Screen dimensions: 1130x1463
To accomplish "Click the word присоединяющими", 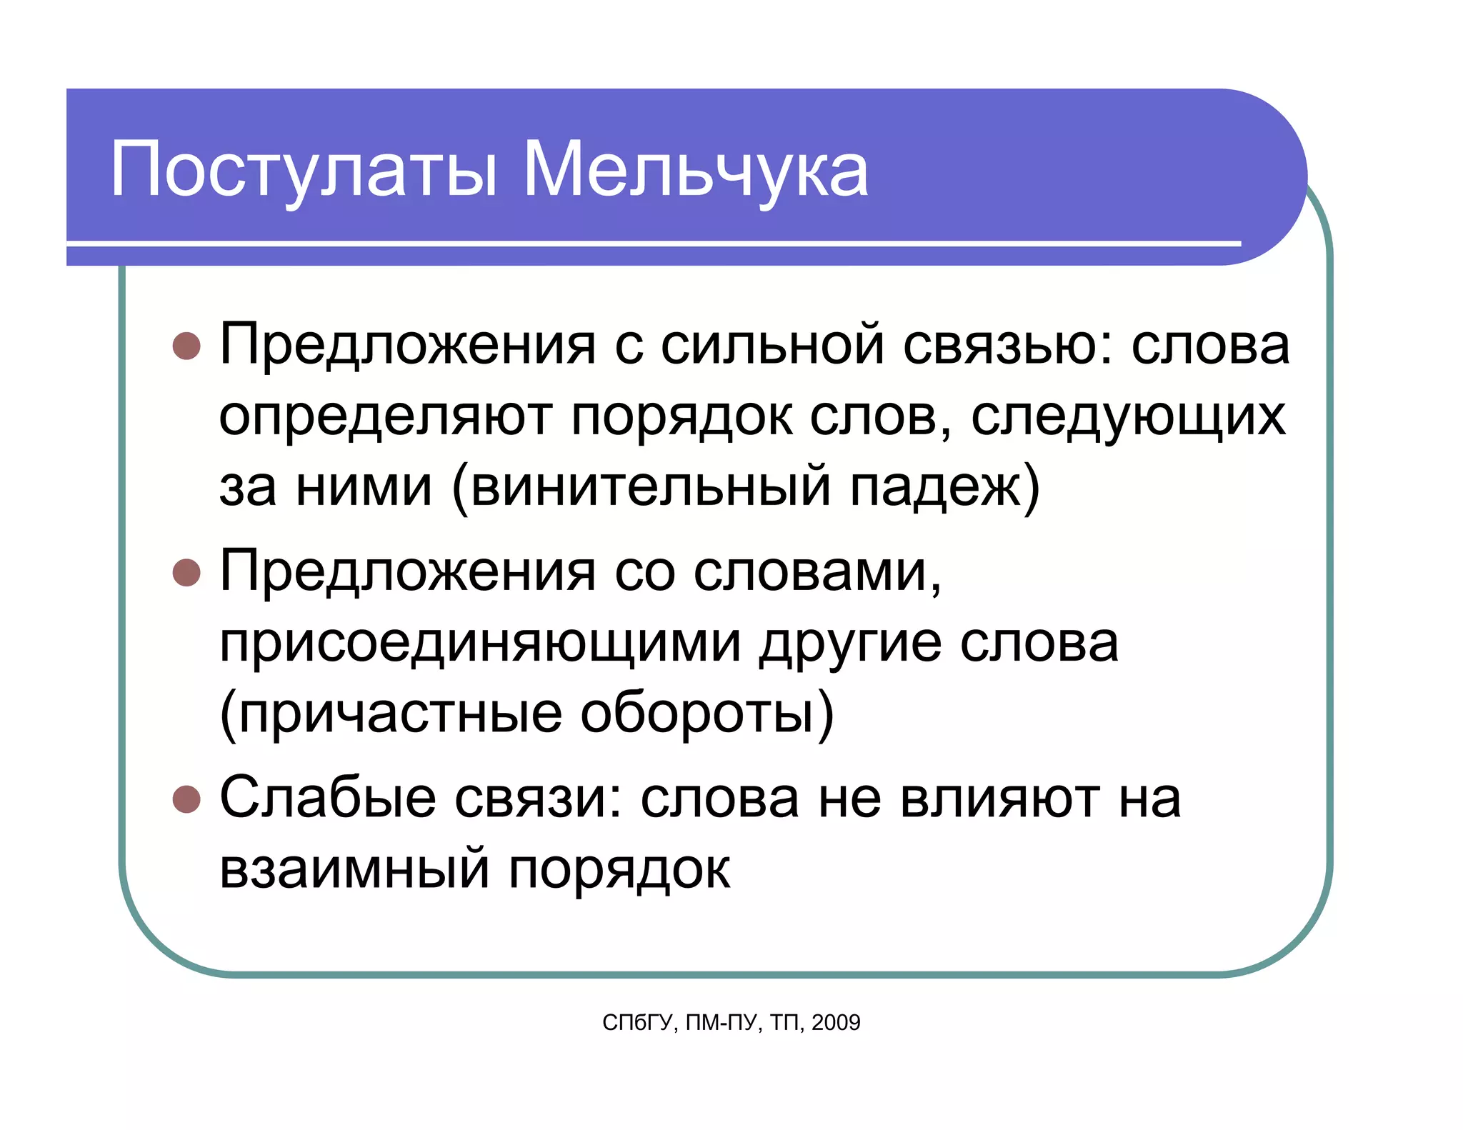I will tap(479, 643).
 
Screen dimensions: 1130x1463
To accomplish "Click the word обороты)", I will tap(706, 714).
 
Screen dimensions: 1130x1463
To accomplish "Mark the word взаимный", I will tap(354, 869).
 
